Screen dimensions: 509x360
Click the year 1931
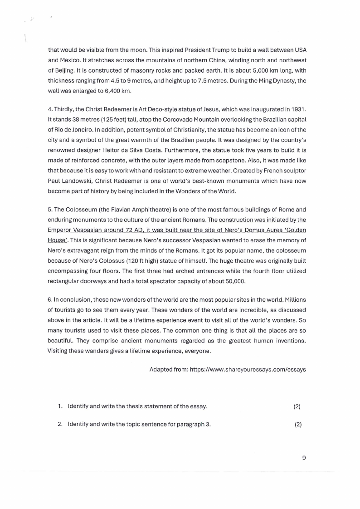coord(297,110)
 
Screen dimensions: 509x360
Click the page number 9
coord(304,458)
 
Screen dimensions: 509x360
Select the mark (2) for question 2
coord(297,425)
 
